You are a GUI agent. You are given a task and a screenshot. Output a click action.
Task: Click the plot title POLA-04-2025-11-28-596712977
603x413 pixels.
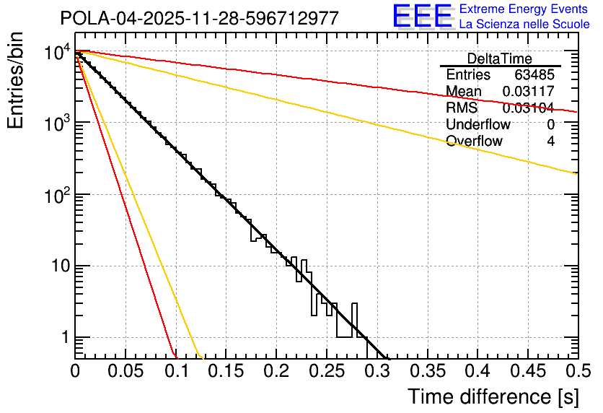click(x=199, y=19)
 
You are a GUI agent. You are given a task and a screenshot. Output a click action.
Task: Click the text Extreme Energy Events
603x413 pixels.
click(x=524, y=9)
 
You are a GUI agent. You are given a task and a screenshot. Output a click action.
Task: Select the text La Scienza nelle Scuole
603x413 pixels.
click(x=524, y=25)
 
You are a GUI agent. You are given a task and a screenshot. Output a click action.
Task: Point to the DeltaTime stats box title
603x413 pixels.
click(x=500, y=58)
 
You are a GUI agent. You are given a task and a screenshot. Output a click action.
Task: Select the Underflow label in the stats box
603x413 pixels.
click(x=477, y=125)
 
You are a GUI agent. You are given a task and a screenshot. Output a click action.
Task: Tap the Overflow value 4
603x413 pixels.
click(x=550, y=142)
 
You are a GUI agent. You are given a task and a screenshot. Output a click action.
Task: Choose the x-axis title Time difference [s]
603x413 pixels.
click(x=493, y=396)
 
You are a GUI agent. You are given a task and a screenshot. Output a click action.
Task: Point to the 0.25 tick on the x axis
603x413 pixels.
click(x=327, y=372)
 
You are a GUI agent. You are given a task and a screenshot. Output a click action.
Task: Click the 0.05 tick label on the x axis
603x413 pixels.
click(x=126, y=372)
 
